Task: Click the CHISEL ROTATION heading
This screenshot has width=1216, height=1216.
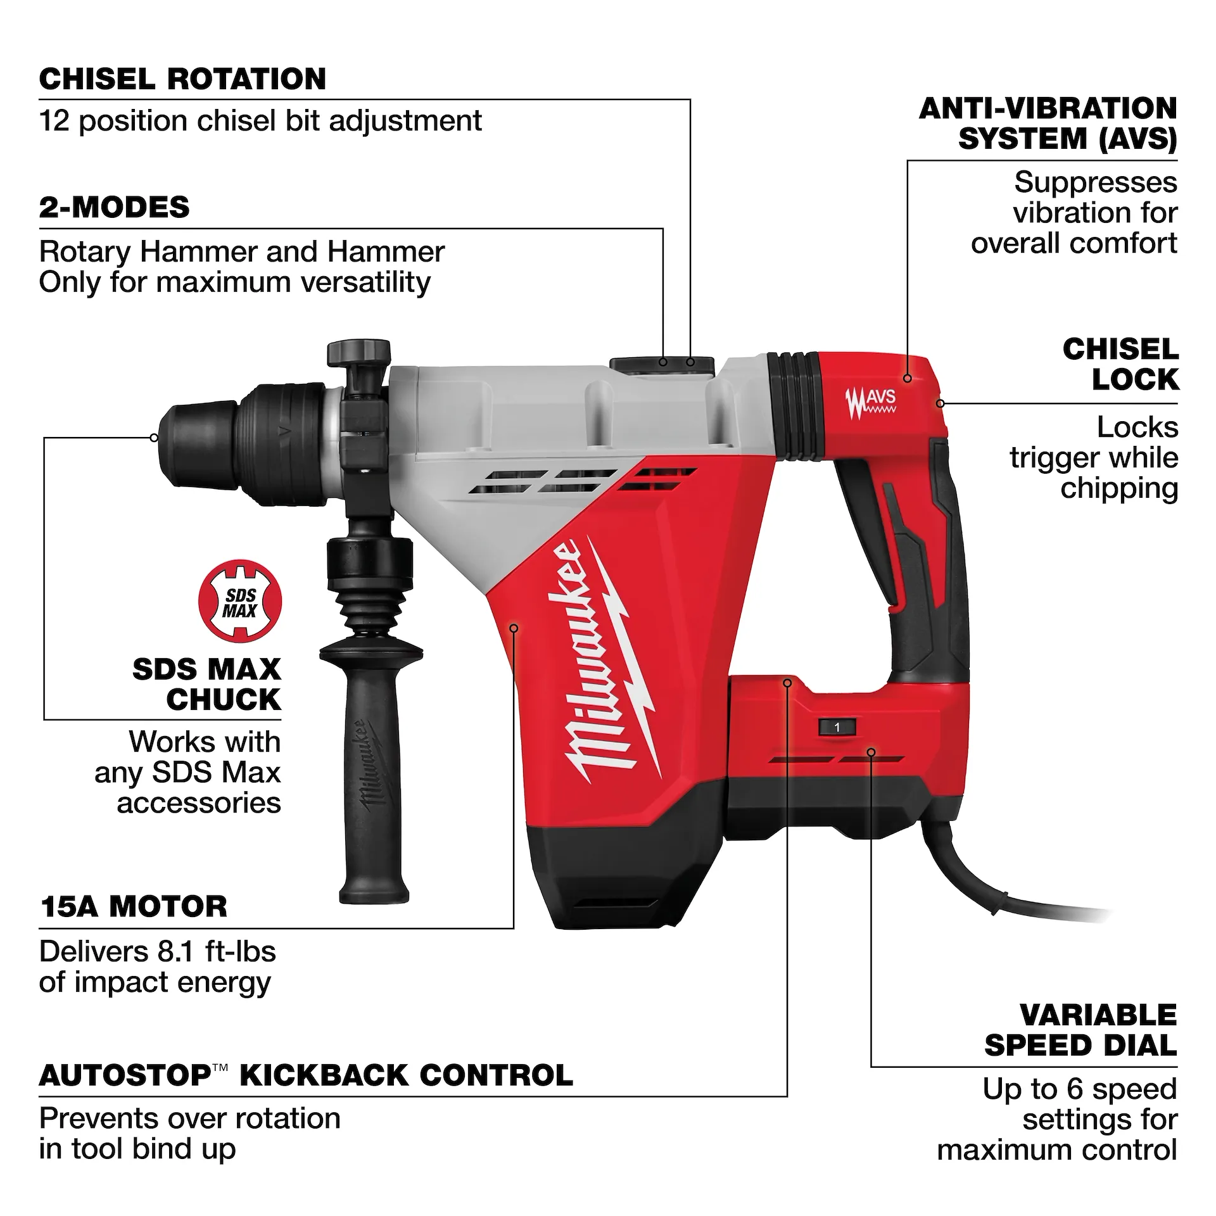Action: [x=182, y=79]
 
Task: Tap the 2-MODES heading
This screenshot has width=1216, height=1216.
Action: [x=114, y=208]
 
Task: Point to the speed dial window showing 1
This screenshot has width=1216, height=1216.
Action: [x=836, y=727]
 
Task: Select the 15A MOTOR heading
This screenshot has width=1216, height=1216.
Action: [x=133, y=906]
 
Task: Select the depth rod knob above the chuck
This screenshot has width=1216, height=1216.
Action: [x=358, y=352]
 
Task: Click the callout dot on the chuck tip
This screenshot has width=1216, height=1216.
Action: [x=154, y=437]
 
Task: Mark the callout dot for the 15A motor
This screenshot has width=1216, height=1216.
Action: [x=514, y=628]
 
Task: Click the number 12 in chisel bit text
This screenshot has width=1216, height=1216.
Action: [x=54, y=121]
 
